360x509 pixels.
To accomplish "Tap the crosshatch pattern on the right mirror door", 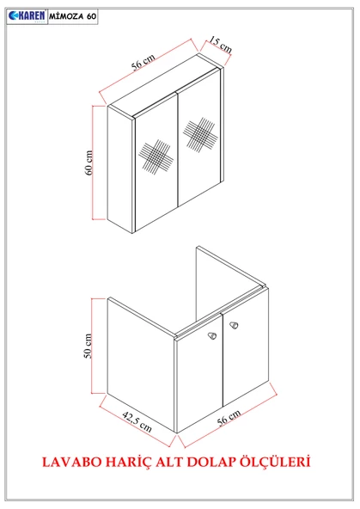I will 202,136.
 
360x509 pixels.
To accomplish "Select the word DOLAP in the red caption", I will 211,462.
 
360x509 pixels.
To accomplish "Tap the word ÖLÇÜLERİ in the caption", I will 277,462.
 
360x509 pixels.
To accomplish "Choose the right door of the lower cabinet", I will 245,361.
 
